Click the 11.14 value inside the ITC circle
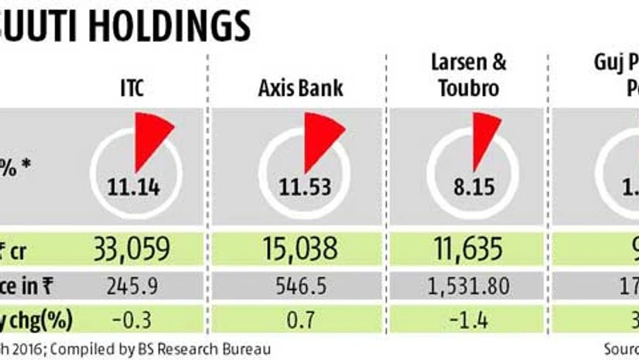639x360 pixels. [135, 185]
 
